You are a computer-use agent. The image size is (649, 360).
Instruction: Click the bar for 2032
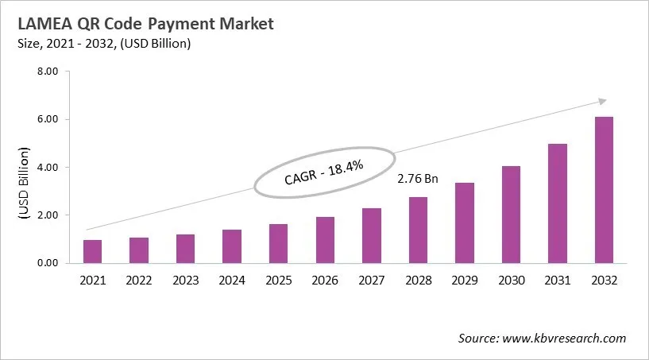point(604,190)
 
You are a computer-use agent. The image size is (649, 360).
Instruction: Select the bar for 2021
point(93,251)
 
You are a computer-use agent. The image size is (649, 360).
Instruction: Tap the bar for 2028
point(418,230)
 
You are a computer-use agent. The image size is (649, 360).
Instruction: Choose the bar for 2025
point(279,243)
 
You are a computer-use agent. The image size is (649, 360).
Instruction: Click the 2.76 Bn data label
point(418,179)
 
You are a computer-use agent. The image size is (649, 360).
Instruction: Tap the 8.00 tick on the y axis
point(48,72)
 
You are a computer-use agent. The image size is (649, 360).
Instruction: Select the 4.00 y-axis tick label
point(48,167)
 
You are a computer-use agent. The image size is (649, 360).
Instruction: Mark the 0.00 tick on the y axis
point(48,262)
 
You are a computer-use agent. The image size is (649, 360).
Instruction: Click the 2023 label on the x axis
point(186,280)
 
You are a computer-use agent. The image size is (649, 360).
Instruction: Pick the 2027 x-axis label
point(372,280)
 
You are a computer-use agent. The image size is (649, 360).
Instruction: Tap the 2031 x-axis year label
point(558,280)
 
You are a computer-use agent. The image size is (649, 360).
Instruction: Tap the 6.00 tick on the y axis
point(48,119)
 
